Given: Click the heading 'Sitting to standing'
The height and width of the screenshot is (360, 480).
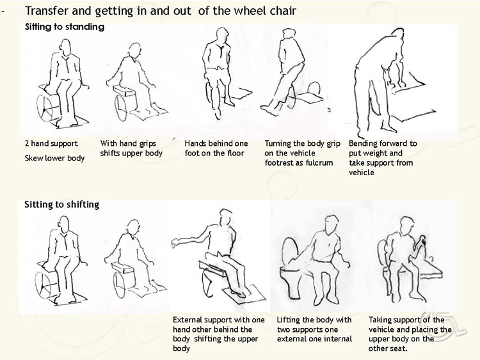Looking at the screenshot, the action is tap(65, 27).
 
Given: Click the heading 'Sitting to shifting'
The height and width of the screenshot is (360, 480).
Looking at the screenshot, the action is tap(62, 205).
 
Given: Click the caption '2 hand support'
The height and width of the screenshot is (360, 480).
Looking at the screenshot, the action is tap(51, 143).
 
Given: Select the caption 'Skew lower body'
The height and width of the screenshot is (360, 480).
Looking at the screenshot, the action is tap(55, 158).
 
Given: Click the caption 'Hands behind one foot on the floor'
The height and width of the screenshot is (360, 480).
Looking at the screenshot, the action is tap(216, 148).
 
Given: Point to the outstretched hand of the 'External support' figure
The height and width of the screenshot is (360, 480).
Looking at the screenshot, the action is tap(175, 242).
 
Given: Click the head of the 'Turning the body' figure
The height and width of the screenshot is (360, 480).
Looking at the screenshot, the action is tap(288, 35).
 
